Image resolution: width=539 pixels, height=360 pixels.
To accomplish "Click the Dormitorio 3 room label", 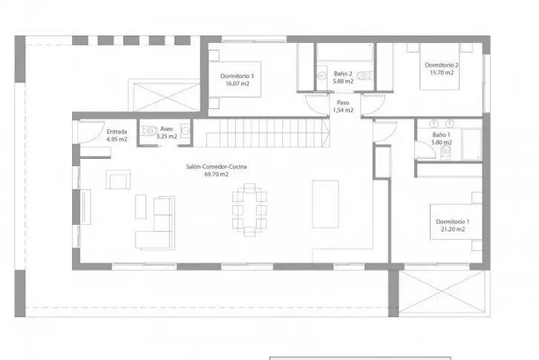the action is pyautogui.click(x=237, y=76).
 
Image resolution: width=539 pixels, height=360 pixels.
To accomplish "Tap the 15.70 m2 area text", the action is pyautogui.click(x=442, y=73).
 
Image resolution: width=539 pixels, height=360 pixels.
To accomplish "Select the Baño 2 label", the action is pyautogui.click(x=343, y=73).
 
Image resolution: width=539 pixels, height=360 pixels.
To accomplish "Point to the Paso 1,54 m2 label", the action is pyautogui.click(x=343, y=106).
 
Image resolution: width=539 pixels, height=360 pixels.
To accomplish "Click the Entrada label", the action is pyautogui.click(x=117, y=131).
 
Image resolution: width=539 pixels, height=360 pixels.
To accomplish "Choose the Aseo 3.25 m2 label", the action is pyautogui.click(x=167, y=132).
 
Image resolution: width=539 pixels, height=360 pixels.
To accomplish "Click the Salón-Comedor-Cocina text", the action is pyautogui.click(x=216, y=166).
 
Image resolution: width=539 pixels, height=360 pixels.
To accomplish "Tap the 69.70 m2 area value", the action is pyautogui.click(x=216, y=174).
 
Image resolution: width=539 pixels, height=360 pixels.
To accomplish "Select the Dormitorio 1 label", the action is pyautogui.click(x=453, y=221).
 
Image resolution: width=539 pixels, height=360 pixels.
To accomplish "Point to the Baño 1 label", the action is pyautogui.click(x=442, y=135).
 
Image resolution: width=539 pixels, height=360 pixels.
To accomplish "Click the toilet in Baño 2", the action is pyautogui.click(x=364, y=75).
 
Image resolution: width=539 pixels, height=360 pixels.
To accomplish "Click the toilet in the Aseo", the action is pyautogui.click(x=148, y=131).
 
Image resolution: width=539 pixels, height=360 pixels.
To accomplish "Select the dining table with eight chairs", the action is pyautogui.click(x=249, y=210).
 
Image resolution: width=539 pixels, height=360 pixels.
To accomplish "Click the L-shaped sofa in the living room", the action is pyautogui.click(x=155, y=223).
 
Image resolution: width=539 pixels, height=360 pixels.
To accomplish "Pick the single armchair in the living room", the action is pyautogui.click(x=118, y=179).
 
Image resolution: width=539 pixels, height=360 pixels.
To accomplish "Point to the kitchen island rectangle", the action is pyautogui.click(x=325, y=204).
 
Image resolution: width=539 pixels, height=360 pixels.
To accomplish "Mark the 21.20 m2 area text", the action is pyautogui.click(x=453, y=229).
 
